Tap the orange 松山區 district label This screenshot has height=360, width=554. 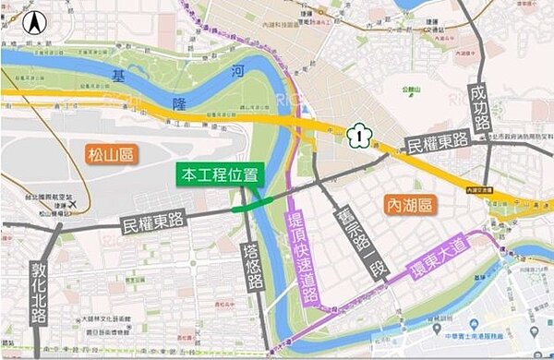(x=110, y=154)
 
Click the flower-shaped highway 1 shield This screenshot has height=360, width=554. (x=355, y=137)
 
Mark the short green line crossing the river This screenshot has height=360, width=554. (x=252, y=207)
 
